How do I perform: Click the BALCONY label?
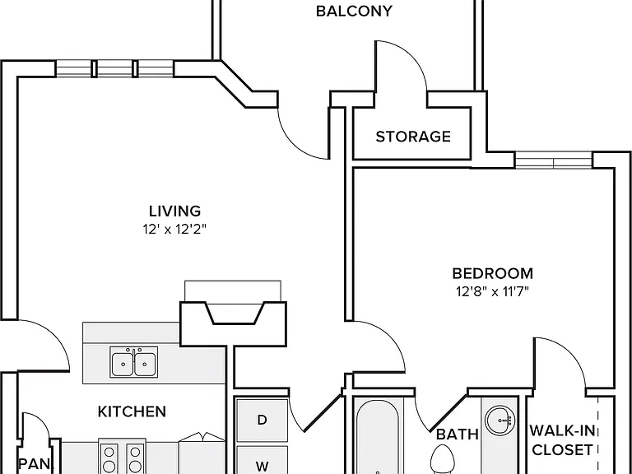[354, 11]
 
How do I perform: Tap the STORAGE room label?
[413, 137]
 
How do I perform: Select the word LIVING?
[175, 211]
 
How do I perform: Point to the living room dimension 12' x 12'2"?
[174, 230]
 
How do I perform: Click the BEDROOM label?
[493, 274]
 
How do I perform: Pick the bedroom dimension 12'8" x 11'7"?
[492, 291]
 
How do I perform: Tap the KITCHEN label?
[132, 411]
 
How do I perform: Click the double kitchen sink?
[134, 362]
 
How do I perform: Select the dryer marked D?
[262, 420]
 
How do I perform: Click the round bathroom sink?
[500, 421]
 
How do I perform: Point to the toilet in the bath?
[442, 459]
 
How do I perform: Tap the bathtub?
[377, 437]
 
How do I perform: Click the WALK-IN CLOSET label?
[562, 440]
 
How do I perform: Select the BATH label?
[458, 434]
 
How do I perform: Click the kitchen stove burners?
[122, 458]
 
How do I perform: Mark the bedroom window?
[553, 160]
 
